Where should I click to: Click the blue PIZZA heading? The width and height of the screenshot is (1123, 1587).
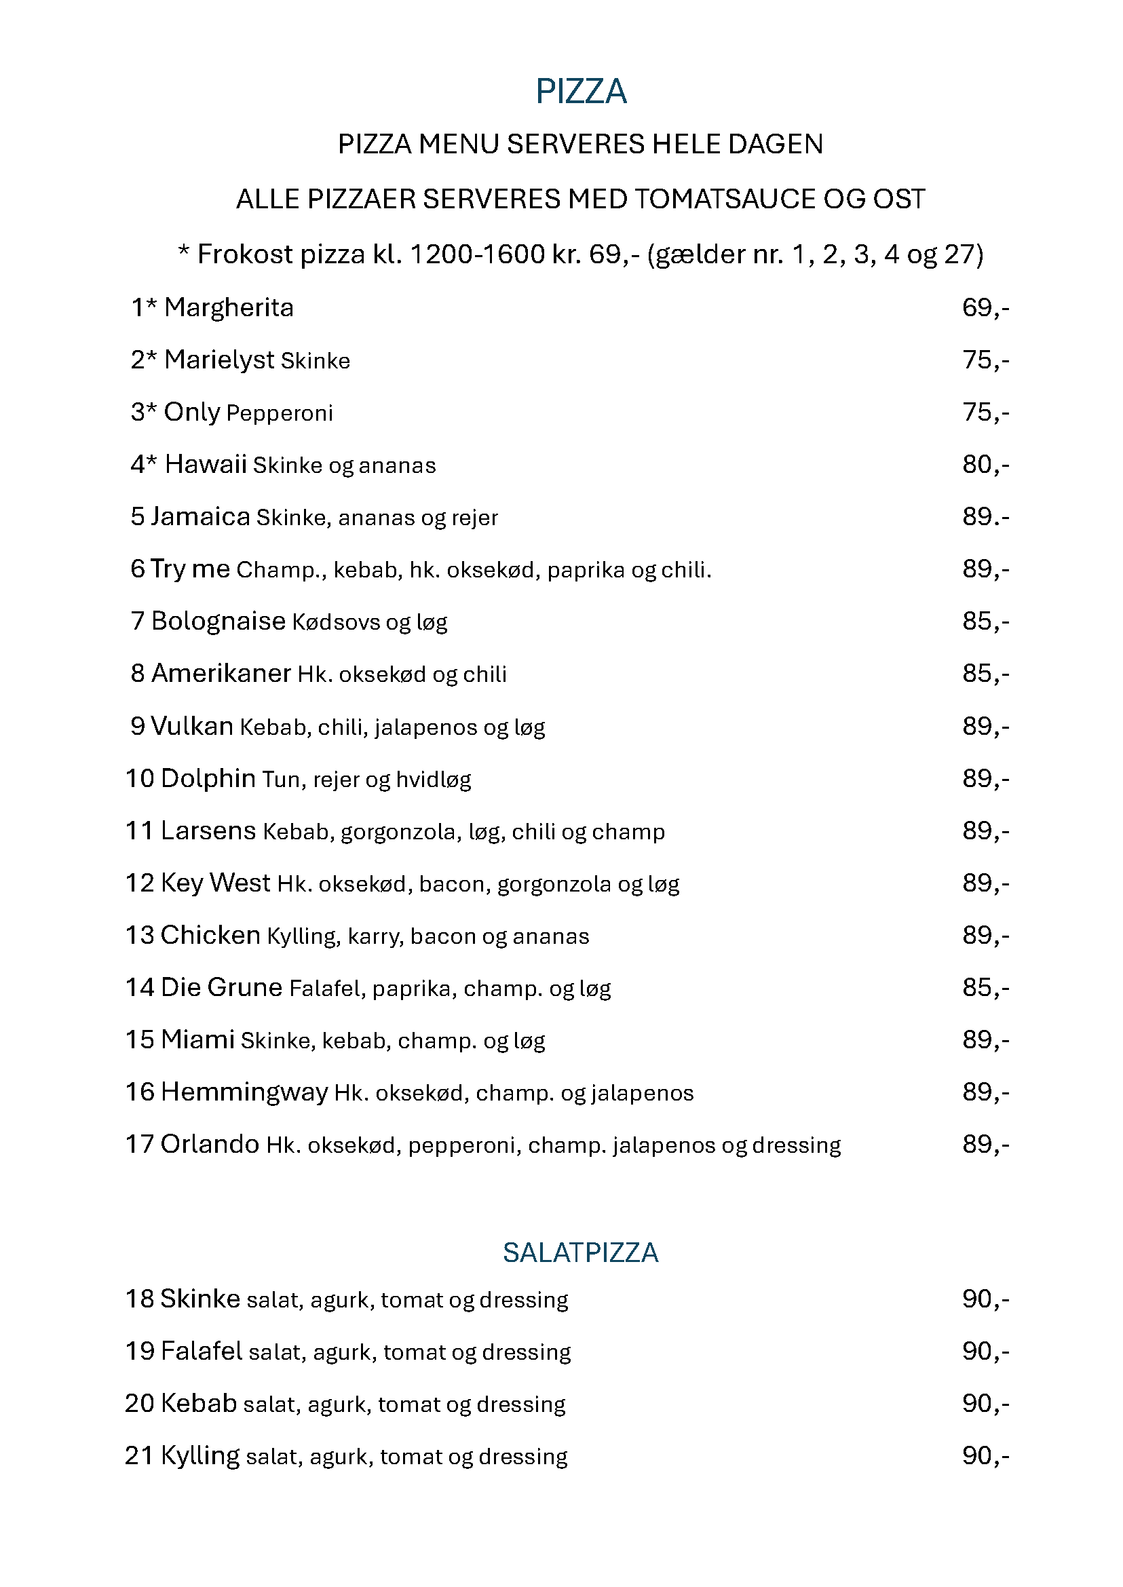tap(581, 92)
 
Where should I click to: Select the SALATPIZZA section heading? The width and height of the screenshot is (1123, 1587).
tap(581, 1253)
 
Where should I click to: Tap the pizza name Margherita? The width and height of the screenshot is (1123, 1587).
tap(229, 308)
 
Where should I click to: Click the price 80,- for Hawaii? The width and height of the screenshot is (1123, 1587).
tap(985, 465)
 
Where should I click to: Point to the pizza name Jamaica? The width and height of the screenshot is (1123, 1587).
tap(201, 516)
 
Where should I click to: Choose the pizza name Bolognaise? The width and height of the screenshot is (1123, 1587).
tap(218, 621)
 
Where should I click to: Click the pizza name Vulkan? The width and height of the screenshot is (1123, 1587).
tap(192, 726)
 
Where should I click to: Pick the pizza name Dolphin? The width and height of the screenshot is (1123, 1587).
tap(208, 779)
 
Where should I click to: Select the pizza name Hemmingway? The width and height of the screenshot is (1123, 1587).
tap(244, 1092)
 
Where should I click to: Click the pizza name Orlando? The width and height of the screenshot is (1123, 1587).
tap(210, 1145)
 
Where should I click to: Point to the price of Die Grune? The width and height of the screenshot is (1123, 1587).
tap(985, 987)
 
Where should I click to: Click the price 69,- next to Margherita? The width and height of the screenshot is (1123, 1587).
tap(985, 308)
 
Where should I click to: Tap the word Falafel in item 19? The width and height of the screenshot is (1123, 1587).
tap(202, 1351)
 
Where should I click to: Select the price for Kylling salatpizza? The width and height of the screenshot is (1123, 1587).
tap(985, 1455)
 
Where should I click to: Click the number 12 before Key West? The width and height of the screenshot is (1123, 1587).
tap(140, 883)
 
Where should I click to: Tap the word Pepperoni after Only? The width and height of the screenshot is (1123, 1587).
tap(280, 413)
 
